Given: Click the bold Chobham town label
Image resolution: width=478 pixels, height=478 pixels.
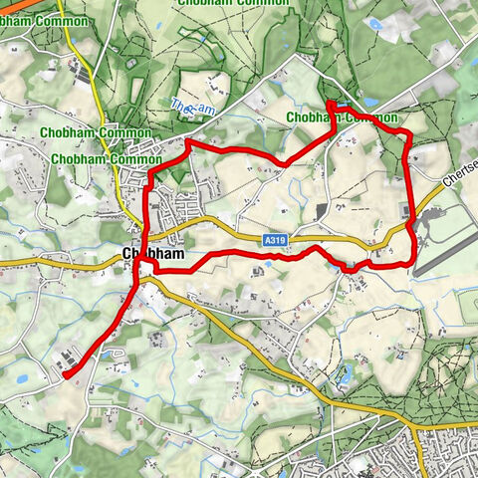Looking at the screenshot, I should coord(152,255).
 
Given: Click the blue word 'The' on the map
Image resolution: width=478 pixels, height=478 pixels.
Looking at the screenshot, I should coord(179,103).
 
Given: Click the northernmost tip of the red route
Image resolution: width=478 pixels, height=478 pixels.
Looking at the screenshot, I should coord(329,104).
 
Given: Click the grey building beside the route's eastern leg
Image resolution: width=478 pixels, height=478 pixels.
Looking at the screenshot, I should coord(403,210).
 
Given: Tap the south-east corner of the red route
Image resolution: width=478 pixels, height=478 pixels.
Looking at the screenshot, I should coord(409,263).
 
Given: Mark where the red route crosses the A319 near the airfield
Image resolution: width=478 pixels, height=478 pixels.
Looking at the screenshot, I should coord(412,231).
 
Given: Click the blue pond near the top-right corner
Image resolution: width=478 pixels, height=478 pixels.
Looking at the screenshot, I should coord(374,23).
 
